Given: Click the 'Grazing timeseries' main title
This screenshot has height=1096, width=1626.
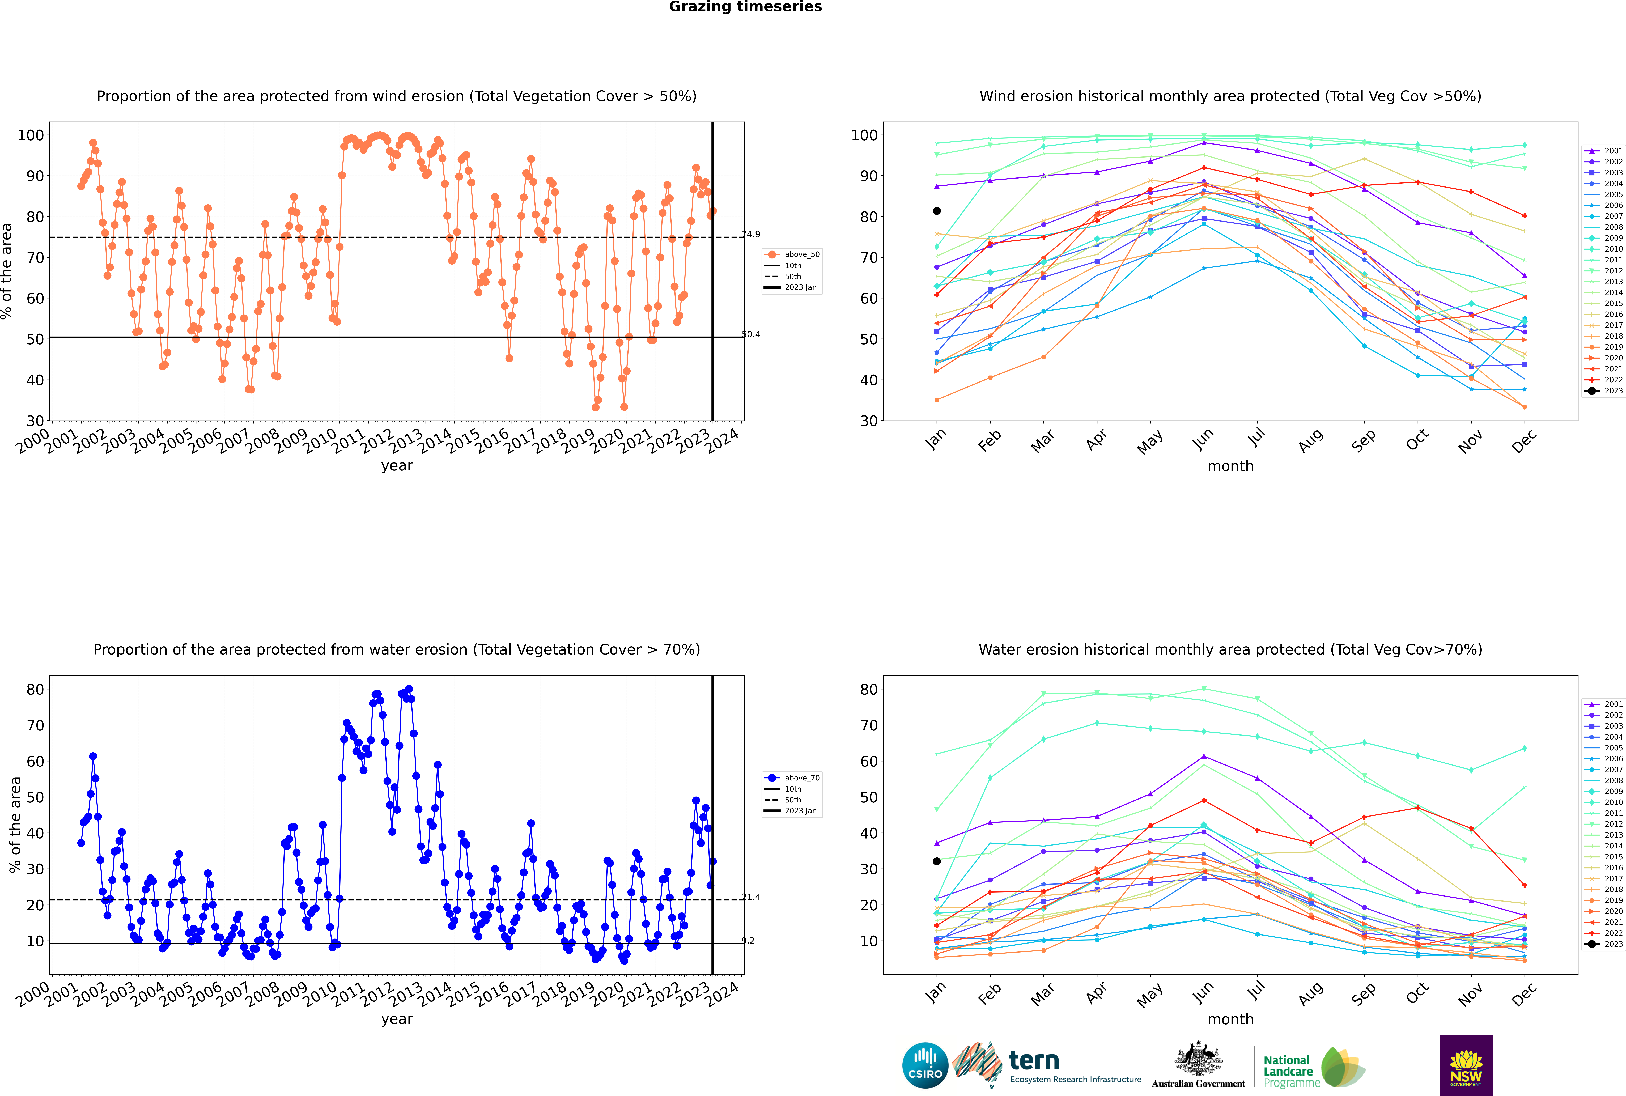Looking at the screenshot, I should pyautogui.click(x=745, y=7).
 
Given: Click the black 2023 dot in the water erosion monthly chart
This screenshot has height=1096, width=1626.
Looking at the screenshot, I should pyautogui.click(x=937, y=861).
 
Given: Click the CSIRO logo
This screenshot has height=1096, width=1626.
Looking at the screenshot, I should pyautogui.click(x=925, y=1066).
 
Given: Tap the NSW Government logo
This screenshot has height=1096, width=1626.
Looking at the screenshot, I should pyautogui.click(x=1466, y=1065).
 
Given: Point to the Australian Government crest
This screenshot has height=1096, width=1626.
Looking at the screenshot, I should pyautogui.click(x=1198, y=1059).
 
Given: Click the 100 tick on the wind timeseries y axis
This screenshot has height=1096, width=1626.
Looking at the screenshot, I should pyautogui.click(x=31, y=135).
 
